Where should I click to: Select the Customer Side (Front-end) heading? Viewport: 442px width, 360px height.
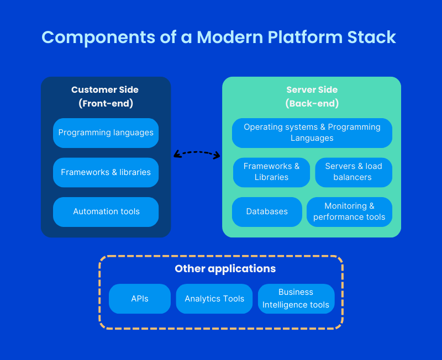pyautogui.click(x=105, y=96)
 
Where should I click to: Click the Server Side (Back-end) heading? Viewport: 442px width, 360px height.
pyautogui.click(x=312, y=96)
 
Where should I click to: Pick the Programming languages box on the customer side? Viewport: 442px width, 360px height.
pyautogui.click(x=106, y=133)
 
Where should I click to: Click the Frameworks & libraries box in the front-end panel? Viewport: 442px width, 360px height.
pyautogui.click(x=106, y=172)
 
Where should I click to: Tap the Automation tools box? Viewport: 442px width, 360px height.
pyautogui.click(x=106, y=211)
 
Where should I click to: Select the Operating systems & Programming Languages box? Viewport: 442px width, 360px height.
pyautogui.click(x=312, y=133)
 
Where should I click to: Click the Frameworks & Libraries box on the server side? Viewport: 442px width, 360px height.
pyautogui.click(x=271, y=172)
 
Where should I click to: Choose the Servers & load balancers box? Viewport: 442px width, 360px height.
pyautogui.click(x=354, y=172)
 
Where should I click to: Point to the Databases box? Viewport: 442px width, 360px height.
pyautogui.click(x=267, y=211)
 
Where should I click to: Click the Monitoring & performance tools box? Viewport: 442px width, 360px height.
pyautogui.click(x=349, y=211)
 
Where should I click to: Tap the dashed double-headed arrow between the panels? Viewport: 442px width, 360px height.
pyautogui.click(x=197, y=152)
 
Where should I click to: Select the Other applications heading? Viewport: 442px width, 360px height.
pyautogui.click(x=225, y=269)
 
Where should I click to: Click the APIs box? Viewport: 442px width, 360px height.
pyautogui.click(x=140, y=299)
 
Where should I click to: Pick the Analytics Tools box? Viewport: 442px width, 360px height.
pyautogui.click(x=214, y=299)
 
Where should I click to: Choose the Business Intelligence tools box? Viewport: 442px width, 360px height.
pyautogui.click(x=296, y=299)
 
